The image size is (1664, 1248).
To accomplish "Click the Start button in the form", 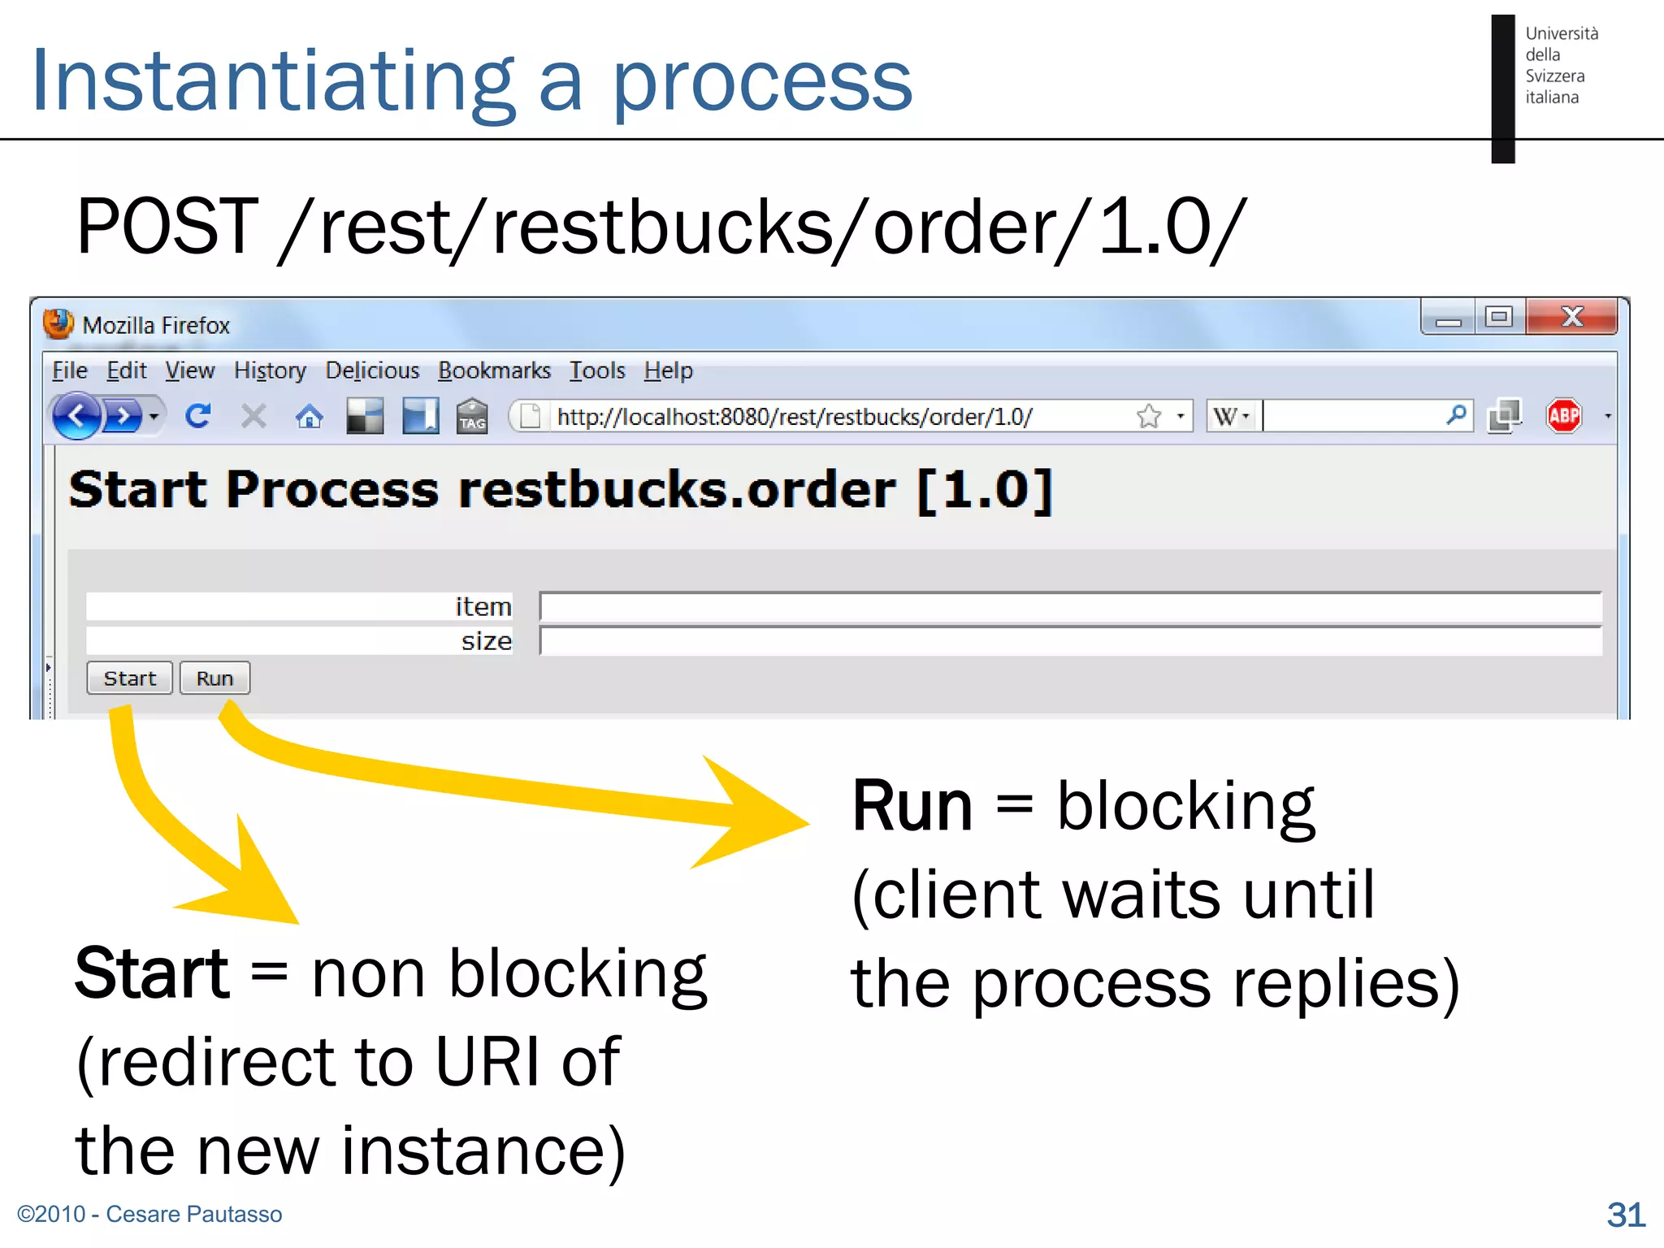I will tap(129, 678).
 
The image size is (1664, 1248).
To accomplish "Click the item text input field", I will tap(1069, 607).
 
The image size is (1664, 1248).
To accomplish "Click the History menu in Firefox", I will tap(270, 370).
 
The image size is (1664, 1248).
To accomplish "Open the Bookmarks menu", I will tap(494, 370).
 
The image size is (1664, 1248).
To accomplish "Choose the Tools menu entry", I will tap(596, 370).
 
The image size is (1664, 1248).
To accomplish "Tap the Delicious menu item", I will tap(372, 370).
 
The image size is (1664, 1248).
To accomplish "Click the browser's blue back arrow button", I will tap(76, 416).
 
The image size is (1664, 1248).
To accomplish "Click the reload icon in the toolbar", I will tap(198, 416).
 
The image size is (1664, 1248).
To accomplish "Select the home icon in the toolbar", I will tap(309, 417).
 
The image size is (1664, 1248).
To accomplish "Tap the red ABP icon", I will tap(1564, 416).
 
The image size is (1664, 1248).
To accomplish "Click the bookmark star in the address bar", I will tap(1149, 416).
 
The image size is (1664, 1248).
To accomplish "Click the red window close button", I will tap(1571, 317).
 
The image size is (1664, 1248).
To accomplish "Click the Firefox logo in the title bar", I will tap(58, 323).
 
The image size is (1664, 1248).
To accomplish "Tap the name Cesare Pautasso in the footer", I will tap(194, 1214).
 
